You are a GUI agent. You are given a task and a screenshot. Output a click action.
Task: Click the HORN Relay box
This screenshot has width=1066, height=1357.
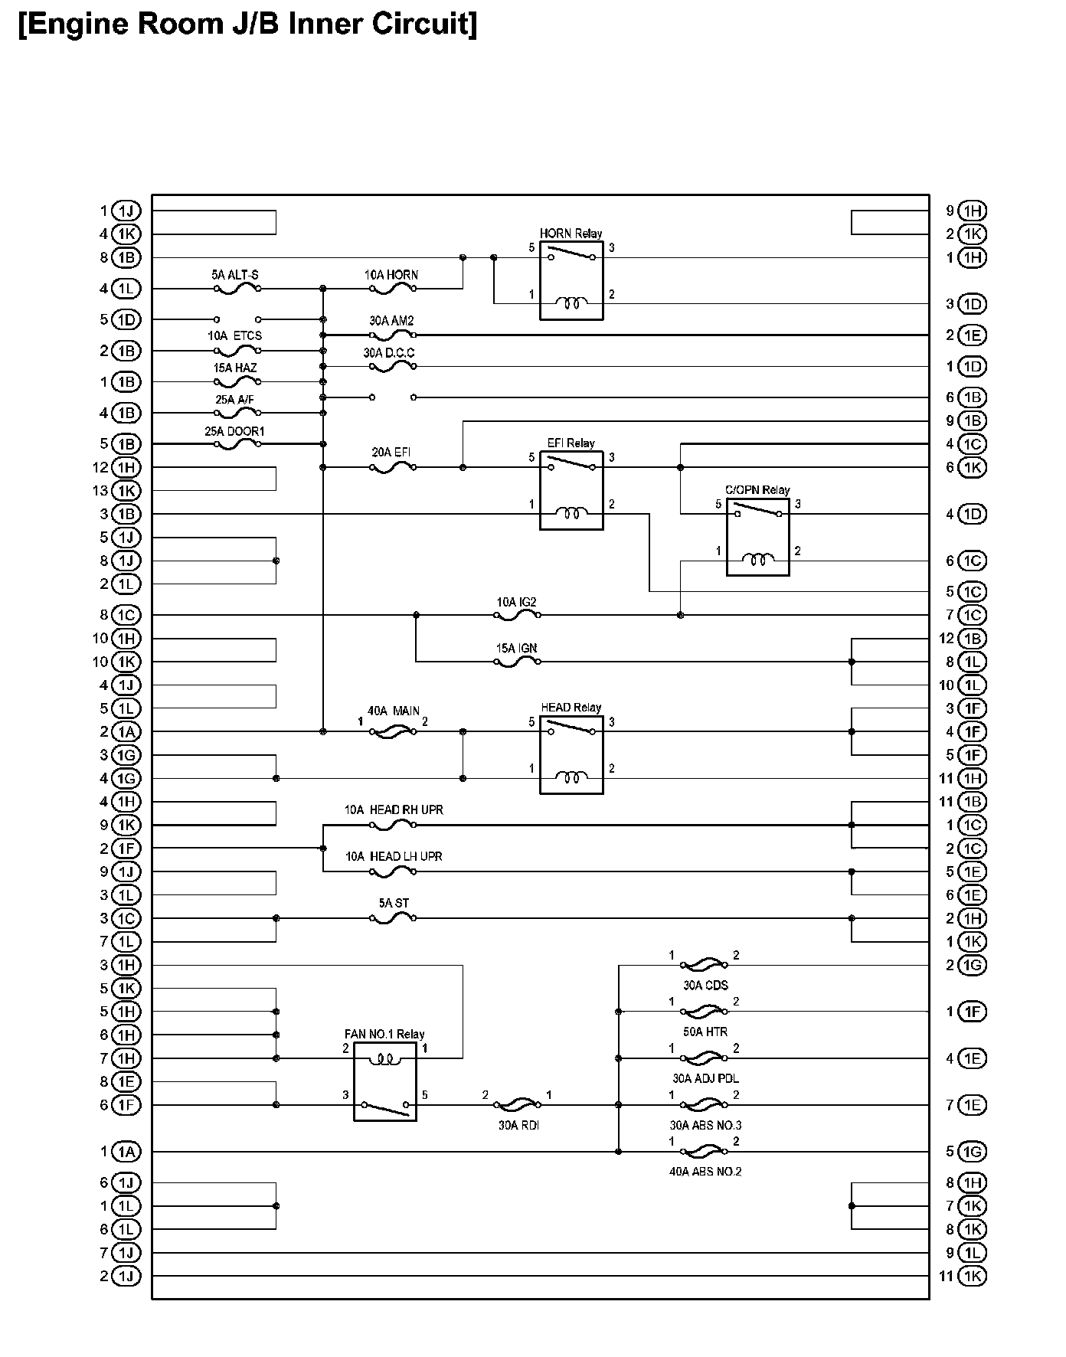[571, 280]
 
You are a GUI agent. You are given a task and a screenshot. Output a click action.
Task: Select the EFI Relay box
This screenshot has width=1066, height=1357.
[571, 490]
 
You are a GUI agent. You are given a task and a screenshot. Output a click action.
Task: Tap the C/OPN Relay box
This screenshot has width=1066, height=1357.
[757, 537]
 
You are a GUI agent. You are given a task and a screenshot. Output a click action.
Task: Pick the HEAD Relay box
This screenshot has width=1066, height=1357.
[571, 754]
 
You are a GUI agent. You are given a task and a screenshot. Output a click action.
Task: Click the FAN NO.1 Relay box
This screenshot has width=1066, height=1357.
[385, 1081]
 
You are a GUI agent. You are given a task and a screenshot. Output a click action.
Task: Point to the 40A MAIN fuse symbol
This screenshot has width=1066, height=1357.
[393, 732]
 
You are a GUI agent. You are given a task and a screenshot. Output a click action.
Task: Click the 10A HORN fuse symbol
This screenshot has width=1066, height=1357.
[393, 289]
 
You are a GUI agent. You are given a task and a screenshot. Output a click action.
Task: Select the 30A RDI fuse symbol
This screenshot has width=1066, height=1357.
[518, 1104]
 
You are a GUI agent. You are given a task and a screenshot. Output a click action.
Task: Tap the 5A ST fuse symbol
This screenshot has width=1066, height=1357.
[393, 918]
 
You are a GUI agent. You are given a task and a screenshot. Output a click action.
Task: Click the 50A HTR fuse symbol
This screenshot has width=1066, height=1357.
[704, 1012]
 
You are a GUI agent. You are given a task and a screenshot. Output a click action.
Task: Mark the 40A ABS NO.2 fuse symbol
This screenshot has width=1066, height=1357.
[704, 1151]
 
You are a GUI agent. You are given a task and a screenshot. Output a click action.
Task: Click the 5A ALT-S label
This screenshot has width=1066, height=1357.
[235, 274]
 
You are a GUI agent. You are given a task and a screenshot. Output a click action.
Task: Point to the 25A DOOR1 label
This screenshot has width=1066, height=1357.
[234, 431]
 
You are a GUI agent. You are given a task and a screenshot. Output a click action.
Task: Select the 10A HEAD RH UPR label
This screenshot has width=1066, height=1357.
[394, 809]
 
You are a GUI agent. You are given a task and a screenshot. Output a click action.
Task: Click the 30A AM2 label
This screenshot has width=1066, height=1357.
[391, 321]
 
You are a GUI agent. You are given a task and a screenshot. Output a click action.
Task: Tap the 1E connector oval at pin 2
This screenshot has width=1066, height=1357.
[973, 335]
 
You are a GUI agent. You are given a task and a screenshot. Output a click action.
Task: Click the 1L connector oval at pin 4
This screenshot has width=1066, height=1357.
[126, 289]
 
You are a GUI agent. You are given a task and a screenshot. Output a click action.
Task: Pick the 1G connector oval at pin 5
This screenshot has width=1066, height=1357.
[973, 1152]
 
